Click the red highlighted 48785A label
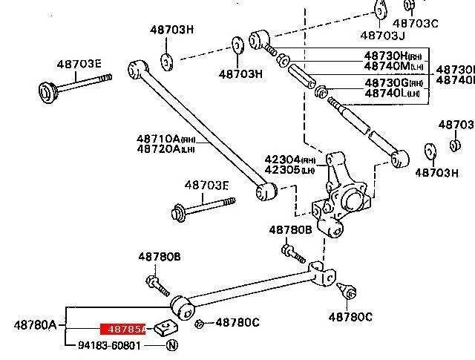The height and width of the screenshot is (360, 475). tap(123, 327)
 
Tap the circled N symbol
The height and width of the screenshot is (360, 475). tap(171, 345)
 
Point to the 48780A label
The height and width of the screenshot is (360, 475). tap(35, 324)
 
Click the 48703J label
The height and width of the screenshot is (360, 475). tap(382, 35)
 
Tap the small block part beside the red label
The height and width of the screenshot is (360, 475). tap(164, 327)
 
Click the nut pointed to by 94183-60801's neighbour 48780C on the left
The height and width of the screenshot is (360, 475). tap(200, 323)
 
